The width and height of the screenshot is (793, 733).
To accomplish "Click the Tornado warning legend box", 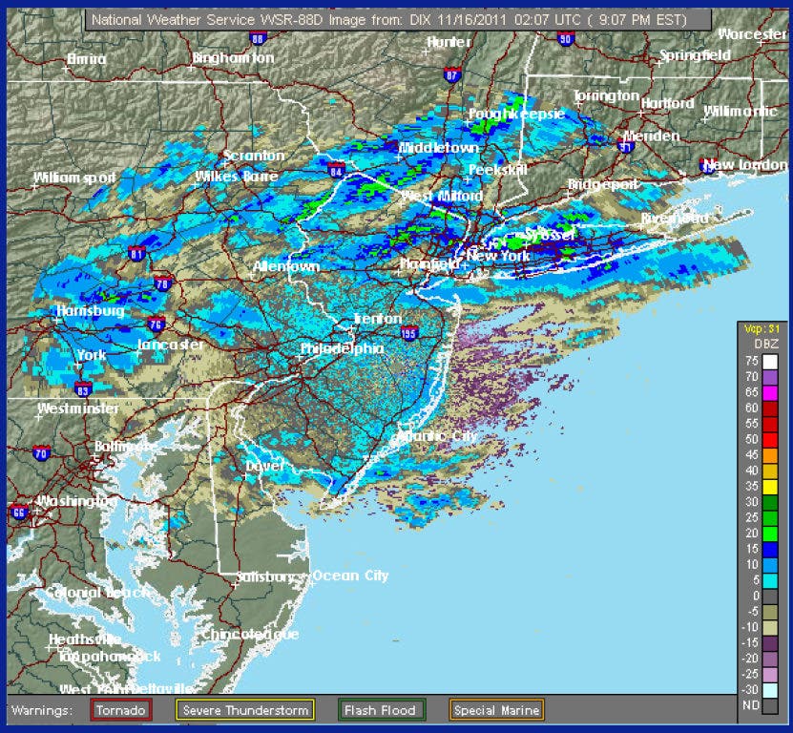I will (x=120, y=710).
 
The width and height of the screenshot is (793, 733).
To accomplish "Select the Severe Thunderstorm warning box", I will (x=246, y=710).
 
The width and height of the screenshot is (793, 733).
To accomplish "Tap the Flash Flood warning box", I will (x=380, y=710).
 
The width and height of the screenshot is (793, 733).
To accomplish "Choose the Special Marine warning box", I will (x=496, y=710).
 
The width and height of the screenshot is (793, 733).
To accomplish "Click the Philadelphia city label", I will (x=342, y=349).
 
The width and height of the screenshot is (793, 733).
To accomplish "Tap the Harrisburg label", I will (x=91, y=311).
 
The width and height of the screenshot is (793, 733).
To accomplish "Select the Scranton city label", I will (x=253, y=156).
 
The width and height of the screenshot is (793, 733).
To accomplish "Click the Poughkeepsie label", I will (x=516, y=115).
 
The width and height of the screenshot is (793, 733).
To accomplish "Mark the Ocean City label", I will (x=350, y=576).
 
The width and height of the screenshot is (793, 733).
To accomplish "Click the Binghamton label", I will (x=233, y=58).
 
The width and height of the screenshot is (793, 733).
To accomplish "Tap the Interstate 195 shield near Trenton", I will (x=409, y=332).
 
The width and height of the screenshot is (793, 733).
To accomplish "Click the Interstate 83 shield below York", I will (x=83, y=388).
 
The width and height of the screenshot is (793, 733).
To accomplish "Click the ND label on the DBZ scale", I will (x=750, y=704).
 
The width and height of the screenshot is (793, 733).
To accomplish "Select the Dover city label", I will (x=265, y=466).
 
